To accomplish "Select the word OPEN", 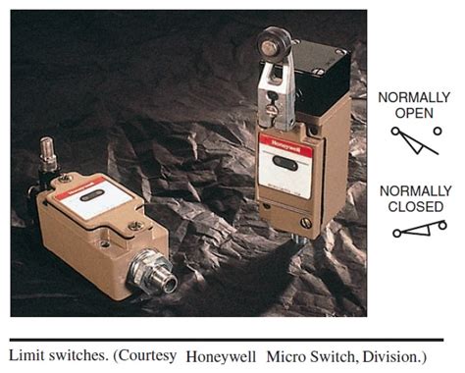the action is pyautogui.click(x=414, y=112).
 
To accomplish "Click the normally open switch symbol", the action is pyautogui.click(x=413, y=140).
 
